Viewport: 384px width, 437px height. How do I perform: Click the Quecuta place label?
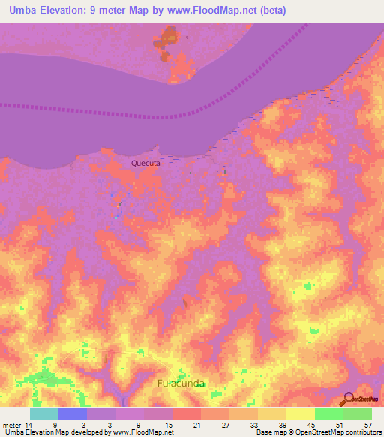[145, 163]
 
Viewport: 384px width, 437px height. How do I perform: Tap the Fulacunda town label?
[181, 383]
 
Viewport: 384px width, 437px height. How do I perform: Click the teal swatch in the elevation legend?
[43, 414]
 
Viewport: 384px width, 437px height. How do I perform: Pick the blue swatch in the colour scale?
[72, 414]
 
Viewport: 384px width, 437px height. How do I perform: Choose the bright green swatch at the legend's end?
[358, 414]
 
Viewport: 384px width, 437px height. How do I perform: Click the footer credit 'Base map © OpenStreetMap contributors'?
[317, 432]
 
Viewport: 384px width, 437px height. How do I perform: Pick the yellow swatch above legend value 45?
[301, 414]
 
